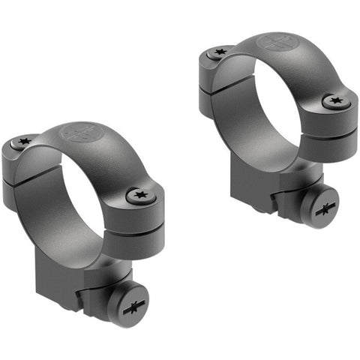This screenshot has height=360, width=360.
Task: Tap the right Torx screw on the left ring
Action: pyautogui.click(x=138, y=196)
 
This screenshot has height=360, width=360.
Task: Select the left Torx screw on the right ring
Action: pyautogui.click(x=218, y=53)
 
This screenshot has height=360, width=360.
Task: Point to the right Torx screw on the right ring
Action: pyautogui.click(x=333, y=100)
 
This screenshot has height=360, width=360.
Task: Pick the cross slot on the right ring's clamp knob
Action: pyautogui.click(x=327, y=210)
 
